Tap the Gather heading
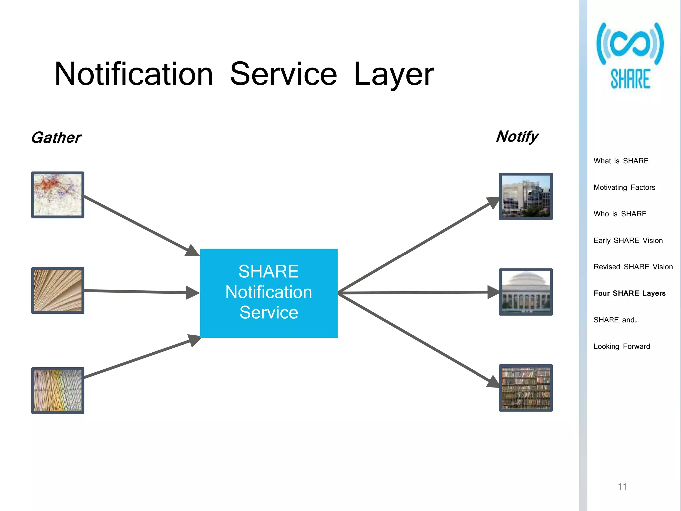pos(56,138)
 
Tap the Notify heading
pos(517,136)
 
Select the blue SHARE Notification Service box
pos(269,293)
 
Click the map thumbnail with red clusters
pos(58,195)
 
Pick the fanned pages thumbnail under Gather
pos(58,290)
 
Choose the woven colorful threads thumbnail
pos(58,390)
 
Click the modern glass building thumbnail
pos(526,196)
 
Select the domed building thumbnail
pos(526,292)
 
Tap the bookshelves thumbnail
pos(526,388)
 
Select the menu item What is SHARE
pos(621,161)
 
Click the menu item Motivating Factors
pos(624,187)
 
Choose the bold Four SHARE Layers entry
pos(629,293)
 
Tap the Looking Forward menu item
pos(621,346)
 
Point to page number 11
pos(622,487)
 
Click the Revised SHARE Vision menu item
pos(633,267)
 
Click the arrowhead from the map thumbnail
pos(192,251)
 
